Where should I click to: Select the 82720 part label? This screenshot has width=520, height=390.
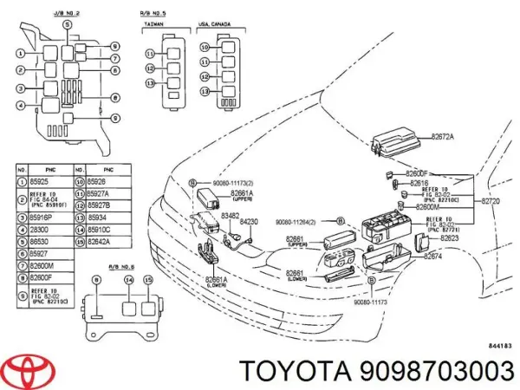click(x=491, y=200)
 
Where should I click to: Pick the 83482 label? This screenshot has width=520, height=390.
click(x=230, y=216)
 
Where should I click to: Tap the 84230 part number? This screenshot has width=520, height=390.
click(x=249, y=223)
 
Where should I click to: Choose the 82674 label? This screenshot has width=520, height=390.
click(x=431, y=256)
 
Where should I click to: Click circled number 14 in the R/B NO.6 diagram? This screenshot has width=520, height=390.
click(x=129, y=282)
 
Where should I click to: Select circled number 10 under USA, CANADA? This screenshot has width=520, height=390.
click(x=205, y=49)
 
